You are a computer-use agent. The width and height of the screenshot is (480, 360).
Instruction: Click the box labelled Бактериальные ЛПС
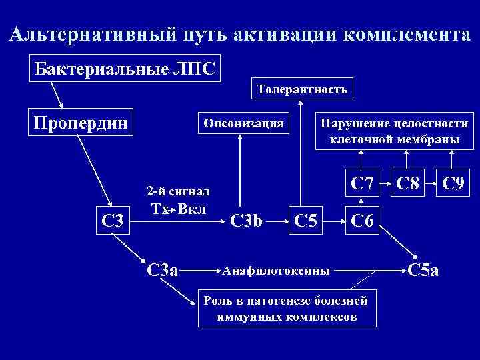[125, 68]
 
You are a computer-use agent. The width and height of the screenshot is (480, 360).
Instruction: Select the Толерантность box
[303, 89]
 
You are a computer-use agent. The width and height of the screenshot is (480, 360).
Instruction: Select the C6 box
[361, 220]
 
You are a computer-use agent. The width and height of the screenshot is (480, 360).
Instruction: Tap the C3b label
[247, 220]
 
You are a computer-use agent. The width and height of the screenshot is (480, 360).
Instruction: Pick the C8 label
[405, 181]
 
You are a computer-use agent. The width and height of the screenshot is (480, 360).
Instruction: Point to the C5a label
[423, 270]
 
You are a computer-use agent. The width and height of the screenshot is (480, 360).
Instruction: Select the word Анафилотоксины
[275, 271]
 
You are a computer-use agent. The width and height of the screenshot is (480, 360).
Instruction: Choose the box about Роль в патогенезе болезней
[287, 309]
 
